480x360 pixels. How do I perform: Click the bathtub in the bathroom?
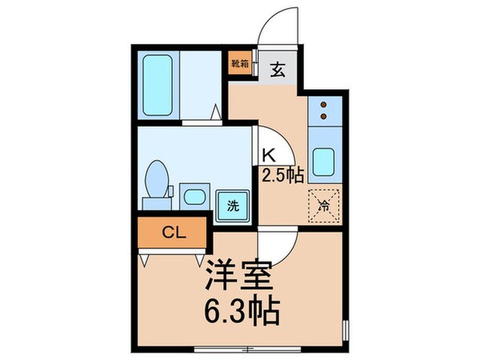[x=158, y=82]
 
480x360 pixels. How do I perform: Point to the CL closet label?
[x=172, y=234]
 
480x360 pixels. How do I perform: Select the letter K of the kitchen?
[x=269, y=158]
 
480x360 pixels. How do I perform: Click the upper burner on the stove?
[x=324, y=105]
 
